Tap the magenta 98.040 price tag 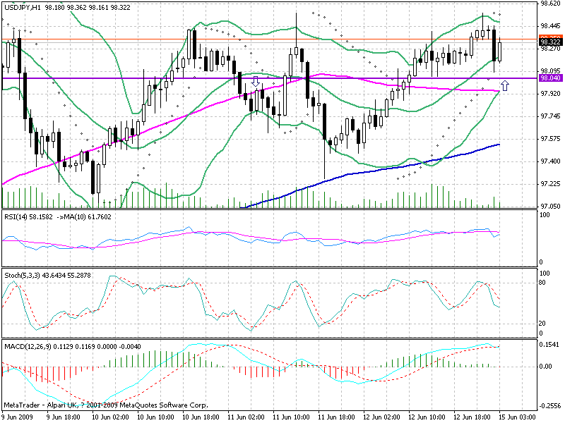pos(549,79)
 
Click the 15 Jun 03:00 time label pos(523,417)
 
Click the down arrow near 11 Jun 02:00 pos(256,83)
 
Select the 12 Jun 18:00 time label pos(475,417)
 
